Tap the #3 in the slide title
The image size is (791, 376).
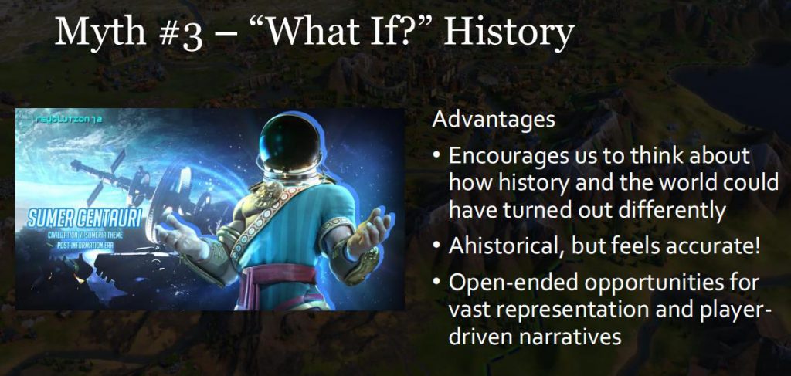(x=175, y=32)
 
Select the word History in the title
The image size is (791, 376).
(x=508, y=32)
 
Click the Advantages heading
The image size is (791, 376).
(x=494, y=120)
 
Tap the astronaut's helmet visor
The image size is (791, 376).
(x=290, y=142)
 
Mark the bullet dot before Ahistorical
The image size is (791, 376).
(x=437, y=248)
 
